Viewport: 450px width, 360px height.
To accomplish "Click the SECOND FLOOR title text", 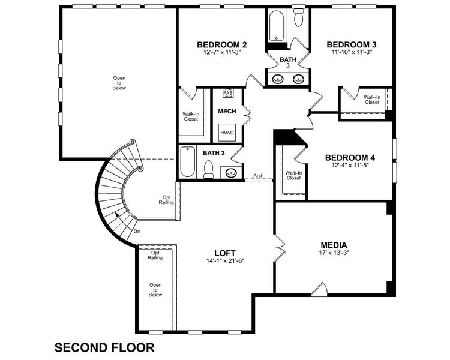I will [104, 347].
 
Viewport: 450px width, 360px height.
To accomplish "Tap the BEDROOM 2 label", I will [222, 44].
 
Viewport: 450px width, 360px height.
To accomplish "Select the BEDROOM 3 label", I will [351, 44].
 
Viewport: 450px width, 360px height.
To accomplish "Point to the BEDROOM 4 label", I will [350, 158].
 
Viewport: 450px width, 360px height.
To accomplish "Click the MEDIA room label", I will [334, 244].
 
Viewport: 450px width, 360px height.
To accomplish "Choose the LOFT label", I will [225, 253].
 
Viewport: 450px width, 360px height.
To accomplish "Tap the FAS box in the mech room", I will [227, 94].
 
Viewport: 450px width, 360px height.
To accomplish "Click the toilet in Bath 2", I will [208, 170].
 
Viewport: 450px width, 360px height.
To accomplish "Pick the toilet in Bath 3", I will [298, 17].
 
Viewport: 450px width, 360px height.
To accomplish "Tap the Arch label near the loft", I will [259, 176].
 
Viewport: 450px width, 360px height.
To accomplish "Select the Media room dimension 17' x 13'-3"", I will [334, 253].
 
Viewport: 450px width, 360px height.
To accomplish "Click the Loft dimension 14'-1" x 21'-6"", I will [225, 261].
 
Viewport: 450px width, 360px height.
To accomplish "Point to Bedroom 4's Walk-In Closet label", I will [293, 175].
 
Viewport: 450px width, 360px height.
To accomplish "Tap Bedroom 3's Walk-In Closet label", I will [371, 100].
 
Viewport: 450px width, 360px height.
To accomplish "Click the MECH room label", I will [227, 112].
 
